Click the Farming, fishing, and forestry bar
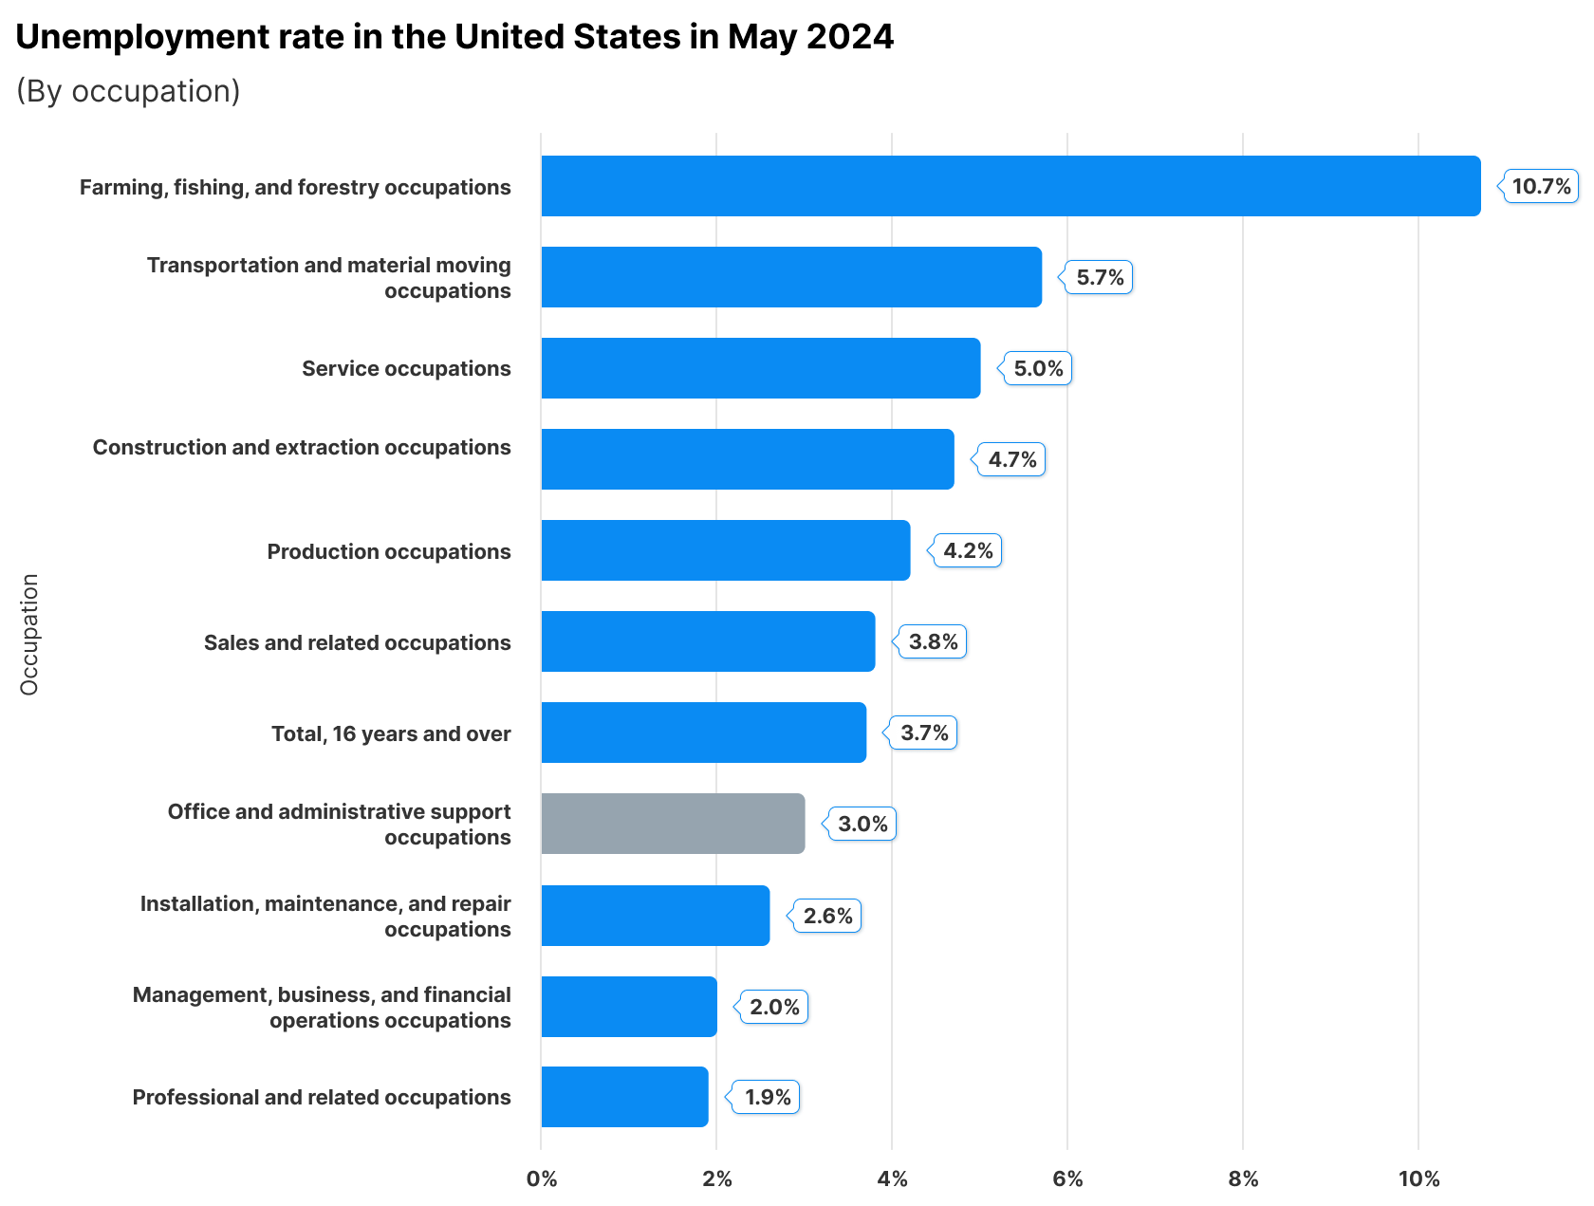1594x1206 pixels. pos(1010,186)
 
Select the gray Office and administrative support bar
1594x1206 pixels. pos(673,824)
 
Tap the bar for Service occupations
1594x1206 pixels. pos(760,368)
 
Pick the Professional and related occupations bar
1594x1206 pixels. pos(624,1097)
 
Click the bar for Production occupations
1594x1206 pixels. pos(725,550)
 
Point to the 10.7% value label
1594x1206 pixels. pos(1541,186)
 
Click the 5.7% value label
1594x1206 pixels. pos(1100,277)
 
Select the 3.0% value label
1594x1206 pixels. pos(862,824)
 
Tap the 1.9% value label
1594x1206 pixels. pos(768,1097)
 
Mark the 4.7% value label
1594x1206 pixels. pos(1012,459)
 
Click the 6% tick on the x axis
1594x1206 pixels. pos(1067,1179)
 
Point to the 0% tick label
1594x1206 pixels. pos(542,1179)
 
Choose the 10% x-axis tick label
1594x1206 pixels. pos(1418,1179)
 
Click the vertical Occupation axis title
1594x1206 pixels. pos(29,634)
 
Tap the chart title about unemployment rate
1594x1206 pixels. pos(454,37)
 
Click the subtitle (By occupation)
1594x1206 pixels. pos(128,91)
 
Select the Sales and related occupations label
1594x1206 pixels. pos(357,642)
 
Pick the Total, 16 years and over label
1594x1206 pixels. pos(391,733)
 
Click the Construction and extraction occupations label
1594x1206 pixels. pos(302,447)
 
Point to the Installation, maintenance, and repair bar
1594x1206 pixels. pos(655,916)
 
